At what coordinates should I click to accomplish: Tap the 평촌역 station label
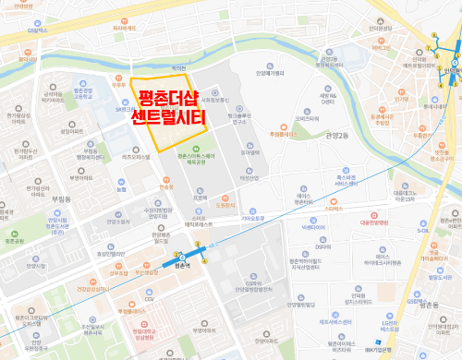[x=181, y=265]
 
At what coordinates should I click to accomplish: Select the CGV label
[x=149, y=299]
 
